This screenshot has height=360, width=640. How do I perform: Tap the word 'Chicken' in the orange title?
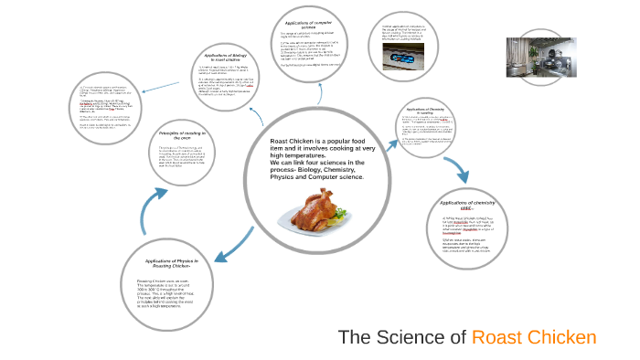564,337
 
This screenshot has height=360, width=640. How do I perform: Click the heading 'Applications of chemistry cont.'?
466,205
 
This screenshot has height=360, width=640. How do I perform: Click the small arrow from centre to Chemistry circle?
384,135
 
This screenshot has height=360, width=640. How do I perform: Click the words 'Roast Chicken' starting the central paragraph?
291,142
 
